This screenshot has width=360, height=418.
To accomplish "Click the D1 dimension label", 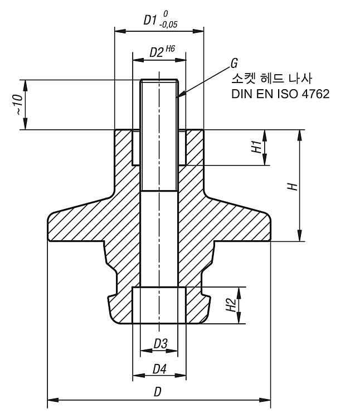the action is click(x=149, y=20).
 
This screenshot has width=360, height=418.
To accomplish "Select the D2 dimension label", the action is click(x=157, y=52).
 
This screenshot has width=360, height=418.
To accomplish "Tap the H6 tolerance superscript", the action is click(x=171, y=49).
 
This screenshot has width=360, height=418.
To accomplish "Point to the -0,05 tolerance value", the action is click(x=168, y=25).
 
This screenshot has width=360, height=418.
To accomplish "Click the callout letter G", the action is click(x=234, y=64).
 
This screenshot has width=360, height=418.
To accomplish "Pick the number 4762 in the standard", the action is click(x=316, y=94).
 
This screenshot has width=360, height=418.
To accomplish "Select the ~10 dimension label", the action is click(x=18, y=105).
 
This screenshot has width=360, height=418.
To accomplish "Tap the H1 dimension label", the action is click(x=256, y=147).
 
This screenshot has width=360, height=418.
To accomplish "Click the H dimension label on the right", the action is click(x=293, y=186).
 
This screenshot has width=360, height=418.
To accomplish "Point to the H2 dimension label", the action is click(x=231, y=305).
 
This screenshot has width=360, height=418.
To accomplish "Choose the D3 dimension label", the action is click(x=160, y=344).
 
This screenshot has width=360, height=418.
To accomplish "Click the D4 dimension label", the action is click(x=159, y=369).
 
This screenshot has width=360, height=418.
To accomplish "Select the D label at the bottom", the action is click(x=158, y=392).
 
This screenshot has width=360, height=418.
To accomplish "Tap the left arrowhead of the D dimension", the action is click(x=53, y=400).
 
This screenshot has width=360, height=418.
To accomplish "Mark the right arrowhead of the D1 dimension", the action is click(x=198, y=31).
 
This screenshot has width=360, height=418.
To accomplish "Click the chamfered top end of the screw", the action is click(x=159, y=81).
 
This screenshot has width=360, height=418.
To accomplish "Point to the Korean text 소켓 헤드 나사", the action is click(x=271, y=79).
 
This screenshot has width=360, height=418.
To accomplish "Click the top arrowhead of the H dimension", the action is click(x=300, y=135).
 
